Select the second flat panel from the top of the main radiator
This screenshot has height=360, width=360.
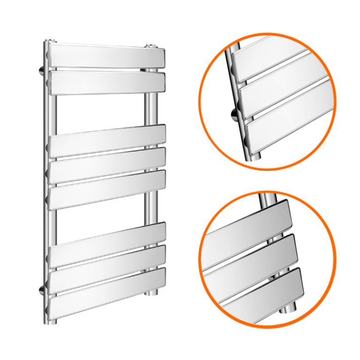(107, 82)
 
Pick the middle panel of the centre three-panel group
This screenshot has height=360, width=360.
(108, 163)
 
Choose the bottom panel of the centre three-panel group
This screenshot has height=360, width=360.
(108, 187)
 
